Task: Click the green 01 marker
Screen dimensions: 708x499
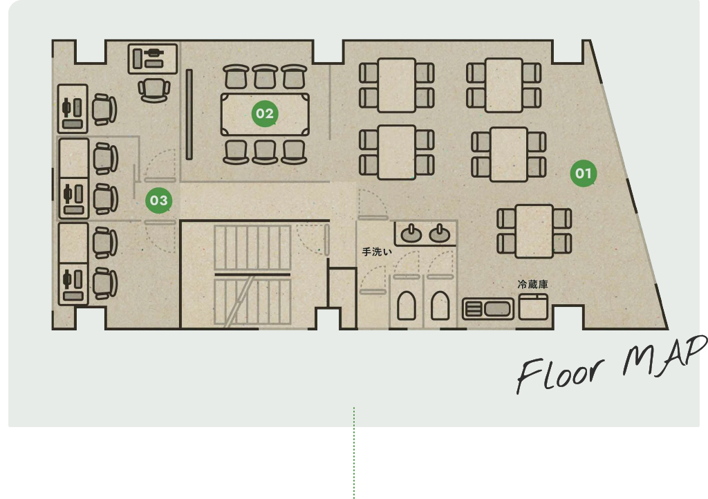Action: pyautogui.click(x=584, y=173)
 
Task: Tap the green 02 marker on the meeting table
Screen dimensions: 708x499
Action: pyautogui.click(x=265, y=114)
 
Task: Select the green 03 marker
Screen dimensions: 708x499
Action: pyautogui.click(x=159, y=200)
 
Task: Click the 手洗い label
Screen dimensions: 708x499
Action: pyautogui.click(x=377, y=252)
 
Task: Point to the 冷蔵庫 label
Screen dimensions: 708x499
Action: pyautogui.click(x=533, y=284)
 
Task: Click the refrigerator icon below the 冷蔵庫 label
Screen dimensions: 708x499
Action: pyautogui.click(x=533, y=307)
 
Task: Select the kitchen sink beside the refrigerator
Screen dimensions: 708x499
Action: pyautogui.click(x=488, y=309)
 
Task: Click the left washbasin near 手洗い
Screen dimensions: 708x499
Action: pyautogui.click(x=411, y=234)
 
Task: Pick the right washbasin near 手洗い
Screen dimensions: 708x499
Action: pyautogui.click(x=439, y=234)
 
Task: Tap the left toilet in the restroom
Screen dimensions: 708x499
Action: pyautogui.click(x=407, y=305)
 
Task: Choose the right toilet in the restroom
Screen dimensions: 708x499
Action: pyautogui.click(x=440, y=305)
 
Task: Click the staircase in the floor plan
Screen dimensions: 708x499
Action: pyautogui.click(x=252, y=275)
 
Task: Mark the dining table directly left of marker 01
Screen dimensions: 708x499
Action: pyautogui.click(x=508, y=154)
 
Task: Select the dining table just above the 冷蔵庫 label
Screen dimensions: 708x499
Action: pyautogui.click(x=534, y=232)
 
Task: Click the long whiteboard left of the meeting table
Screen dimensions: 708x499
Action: pyautogui.click(x=189, y=114)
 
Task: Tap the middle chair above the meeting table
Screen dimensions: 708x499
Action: pyautogui.click(x=265, y=77)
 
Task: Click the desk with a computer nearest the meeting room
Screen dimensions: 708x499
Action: pyautogui.click(x=153, y=59)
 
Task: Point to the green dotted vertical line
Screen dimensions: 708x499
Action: pyautogui.click(x=354, y=453)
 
